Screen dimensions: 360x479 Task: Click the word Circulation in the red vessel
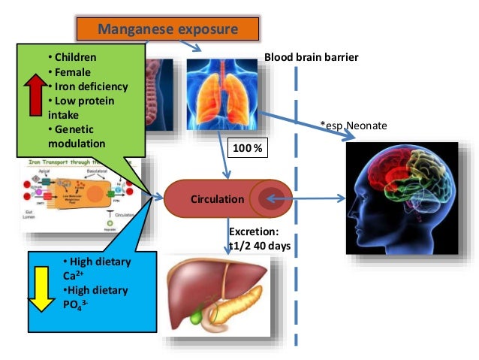coord(217,200)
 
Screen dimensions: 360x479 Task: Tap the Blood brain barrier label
coord(311,58)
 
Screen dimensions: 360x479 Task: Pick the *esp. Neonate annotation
coord(354,126)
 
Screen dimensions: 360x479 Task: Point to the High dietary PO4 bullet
coord(95,297)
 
